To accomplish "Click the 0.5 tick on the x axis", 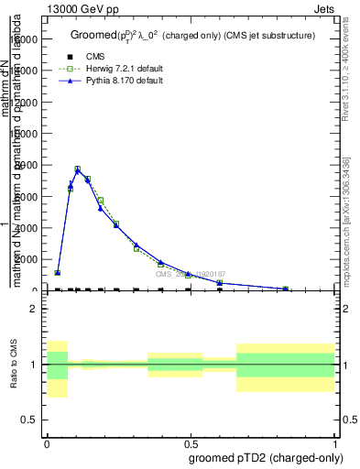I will [x=191, y=442].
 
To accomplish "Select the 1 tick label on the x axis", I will [x=336, y=442].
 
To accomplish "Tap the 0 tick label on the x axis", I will [x=47, y=442].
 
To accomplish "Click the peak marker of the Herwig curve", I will [x=78, y=169].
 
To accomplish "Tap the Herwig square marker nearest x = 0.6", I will [x=220, y=283].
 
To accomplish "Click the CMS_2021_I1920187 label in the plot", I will [x=190, y=274].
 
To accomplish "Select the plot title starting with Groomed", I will [x=192, y=36].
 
